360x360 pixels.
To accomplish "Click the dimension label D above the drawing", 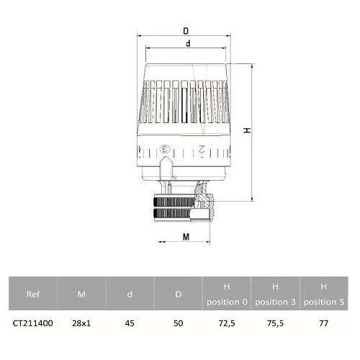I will (x=186, y=32).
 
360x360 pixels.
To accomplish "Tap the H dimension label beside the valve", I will (x=245, y=131).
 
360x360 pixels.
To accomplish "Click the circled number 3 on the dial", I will (x=165, y=149).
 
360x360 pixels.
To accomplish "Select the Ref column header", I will (x=32, y=294).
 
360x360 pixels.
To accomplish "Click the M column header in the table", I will (x=81, y=294).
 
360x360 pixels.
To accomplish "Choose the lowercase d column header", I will (x=129, y=294).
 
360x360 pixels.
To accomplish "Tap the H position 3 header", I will (x=274, y=294).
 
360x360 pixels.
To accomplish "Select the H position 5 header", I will (x=324, y=294).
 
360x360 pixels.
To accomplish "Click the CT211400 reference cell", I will (x=32, y=325).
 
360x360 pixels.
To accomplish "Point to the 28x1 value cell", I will (x=81, y=325).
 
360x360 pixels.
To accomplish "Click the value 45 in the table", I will (x=129, y=325).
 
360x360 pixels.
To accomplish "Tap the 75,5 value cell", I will (x=274, y=325).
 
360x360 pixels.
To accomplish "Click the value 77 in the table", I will (x=324, y=325).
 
